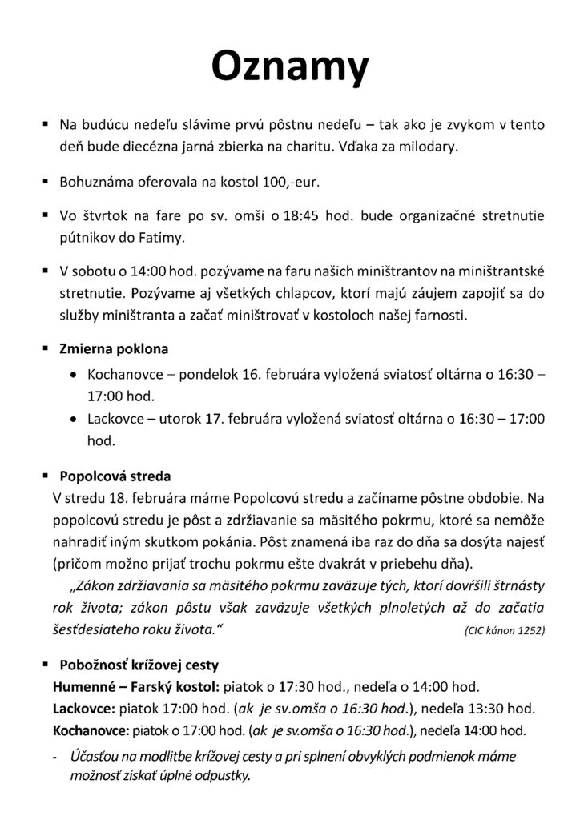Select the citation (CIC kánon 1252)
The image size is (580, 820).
[503, 630]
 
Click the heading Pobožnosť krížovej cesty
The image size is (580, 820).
[139, 665]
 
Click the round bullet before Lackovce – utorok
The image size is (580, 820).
[74, 418]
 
